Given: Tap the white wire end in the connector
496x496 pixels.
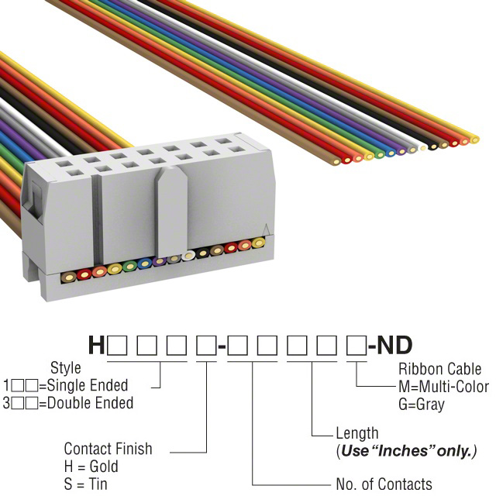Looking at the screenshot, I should [189, 255].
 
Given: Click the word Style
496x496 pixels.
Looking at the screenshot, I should [66, 368].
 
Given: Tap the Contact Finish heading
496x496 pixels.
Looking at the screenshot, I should [108, 449].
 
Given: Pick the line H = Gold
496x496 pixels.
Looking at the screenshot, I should [91, 467].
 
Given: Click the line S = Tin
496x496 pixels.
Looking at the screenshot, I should [86, 484].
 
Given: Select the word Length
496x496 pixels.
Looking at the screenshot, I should [356, 433].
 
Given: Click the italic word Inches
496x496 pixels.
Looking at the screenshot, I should [409, 451].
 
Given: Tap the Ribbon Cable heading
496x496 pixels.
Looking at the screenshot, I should [439, 369].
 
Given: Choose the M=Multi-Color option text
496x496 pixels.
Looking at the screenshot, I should [443, 387].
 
